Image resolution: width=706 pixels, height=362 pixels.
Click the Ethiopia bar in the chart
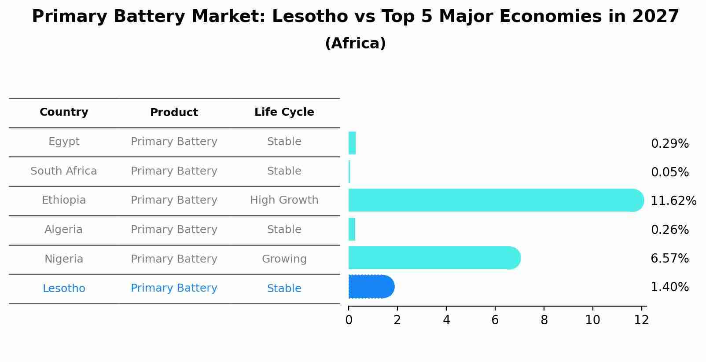493,200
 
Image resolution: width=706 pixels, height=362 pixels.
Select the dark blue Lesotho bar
371,287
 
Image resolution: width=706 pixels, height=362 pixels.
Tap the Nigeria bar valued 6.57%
434,258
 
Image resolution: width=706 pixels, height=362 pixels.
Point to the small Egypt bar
352,143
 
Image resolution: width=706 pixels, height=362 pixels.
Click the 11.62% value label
673,201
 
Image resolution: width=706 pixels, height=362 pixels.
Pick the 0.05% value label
669,172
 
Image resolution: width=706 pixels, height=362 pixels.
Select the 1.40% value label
669,287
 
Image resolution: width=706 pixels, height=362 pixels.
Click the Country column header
64,112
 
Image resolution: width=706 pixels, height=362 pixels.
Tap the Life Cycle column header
284,112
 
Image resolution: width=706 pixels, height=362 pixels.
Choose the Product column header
174,113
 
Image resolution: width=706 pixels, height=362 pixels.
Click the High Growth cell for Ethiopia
284,200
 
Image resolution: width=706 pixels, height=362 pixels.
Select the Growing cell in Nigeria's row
284,259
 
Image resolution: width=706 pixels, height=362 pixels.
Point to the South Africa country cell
64,171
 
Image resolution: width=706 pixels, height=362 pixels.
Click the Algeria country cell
64,230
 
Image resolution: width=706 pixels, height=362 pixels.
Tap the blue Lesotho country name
64,289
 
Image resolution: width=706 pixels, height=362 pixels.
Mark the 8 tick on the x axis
544,320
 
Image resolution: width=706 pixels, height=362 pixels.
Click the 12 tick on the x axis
641,320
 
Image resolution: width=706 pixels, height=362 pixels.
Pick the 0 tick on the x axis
349,320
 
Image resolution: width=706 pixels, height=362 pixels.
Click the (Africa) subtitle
355,44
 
